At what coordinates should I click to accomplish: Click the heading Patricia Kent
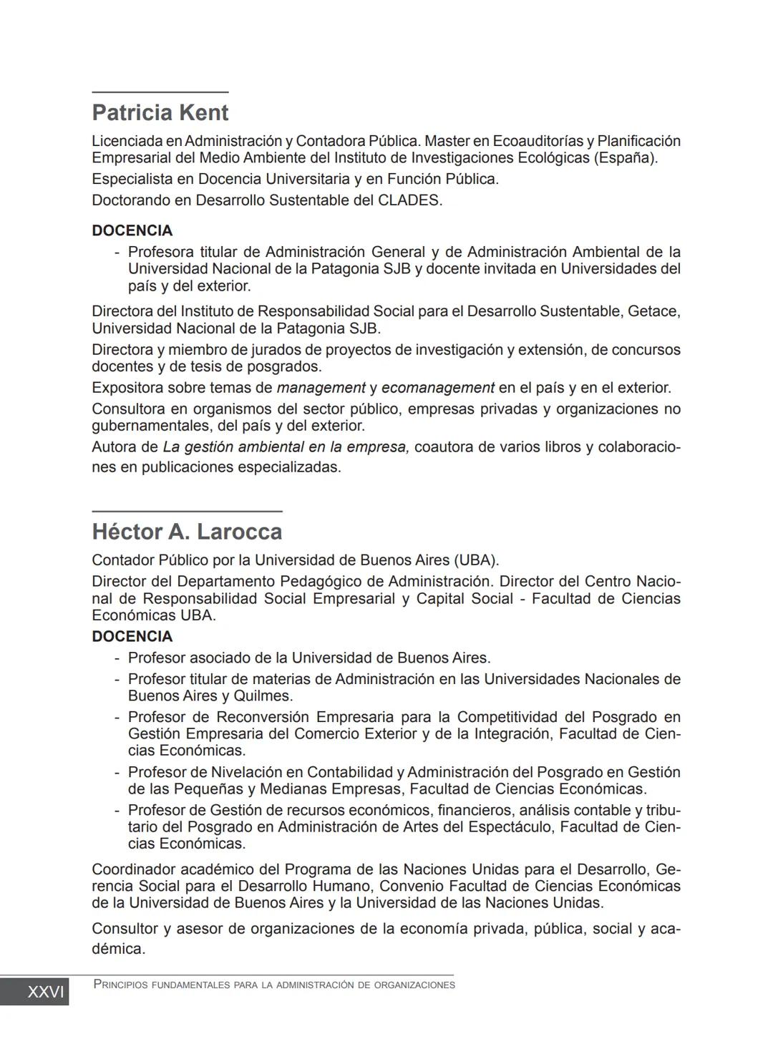[x=160, y=113]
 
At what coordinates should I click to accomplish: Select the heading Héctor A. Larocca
[x=187, y=532]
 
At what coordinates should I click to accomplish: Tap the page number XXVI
[x=45, y=992]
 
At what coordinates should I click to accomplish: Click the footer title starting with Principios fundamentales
[x=274, y=985]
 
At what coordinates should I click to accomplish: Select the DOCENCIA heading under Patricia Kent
[x=132, y=230]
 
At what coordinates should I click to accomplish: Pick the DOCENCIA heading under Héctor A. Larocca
[x=132, y=637]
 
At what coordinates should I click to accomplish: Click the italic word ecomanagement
[x=437, y=388]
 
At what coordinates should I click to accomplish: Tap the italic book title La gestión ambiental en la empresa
[x=286, y=447]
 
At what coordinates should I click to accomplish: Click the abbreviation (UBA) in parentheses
[x=476, y=560]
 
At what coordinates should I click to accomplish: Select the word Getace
[x=653, y=311]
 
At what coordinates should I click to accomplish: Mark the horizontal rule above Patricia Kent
[x=160, y=92]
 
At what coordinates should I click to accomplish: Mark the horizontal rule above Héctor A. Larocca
[x=187, y=511]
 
